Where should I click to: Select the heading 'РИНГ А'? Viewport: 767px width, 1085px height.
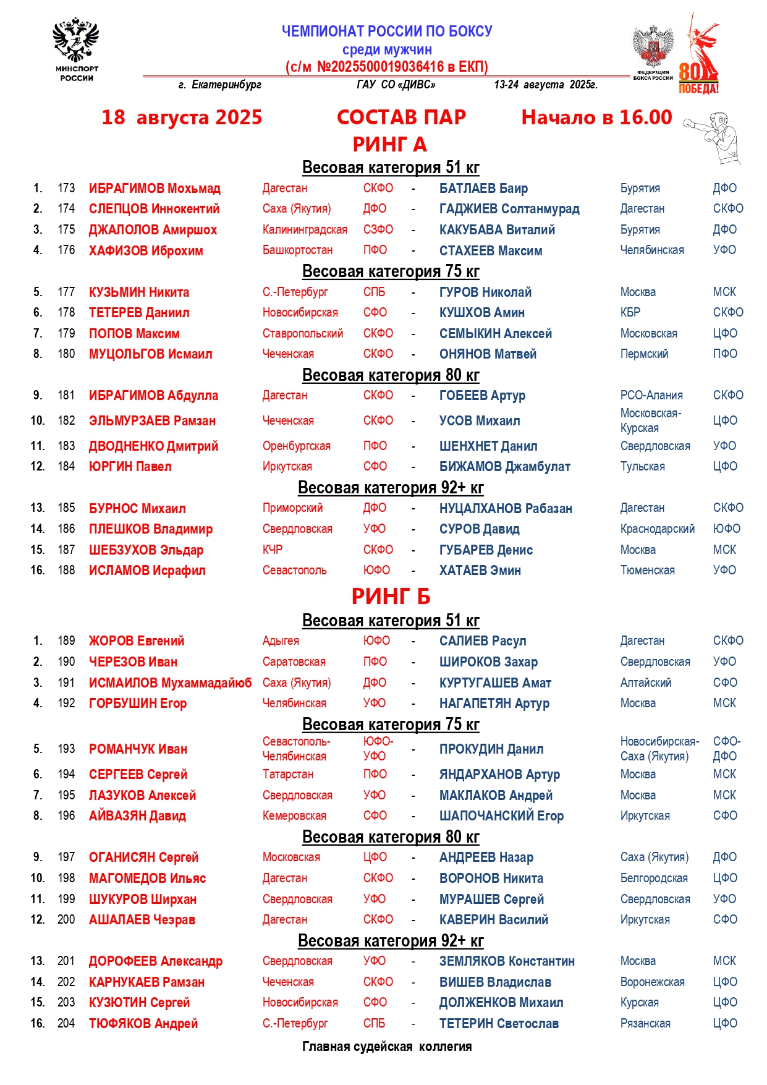pos(389,145)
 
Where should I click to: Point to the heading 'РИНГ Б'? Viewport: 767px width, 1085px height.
pos(391,597)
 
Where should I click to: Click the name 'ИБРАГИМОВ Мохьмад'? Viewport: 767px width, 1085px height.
pos(155,189)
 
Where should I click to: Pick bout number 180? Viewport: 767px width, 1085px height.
pos(66,354)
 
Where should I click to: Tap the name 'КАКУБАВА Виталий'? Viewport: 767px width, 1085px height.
pos(497,230)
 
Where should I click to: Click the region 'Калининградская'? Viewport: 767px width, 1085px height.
pos(305,230)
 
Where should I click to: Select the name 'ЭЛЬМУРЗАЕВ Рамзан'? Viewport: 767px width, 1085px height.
pos(152,421)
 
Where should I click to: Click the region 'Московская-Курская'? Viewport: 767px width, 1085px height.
pos(650,420)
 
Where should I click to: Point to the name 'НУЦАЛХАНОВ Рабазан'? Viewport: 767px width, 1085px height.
pos(506,509)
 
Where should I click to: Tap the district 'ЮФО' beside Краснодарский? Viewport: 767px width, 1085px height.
pos(726,529)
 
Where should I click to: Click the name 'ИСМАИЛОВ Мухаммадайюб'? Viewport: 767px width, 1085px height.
pos(170,683)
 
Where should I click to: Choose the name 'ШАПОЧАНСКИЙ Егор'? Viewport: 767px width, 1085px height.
pos(501,816)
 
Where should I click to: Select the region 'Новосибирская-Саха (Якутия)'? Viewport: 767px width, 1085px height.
pos(659,749)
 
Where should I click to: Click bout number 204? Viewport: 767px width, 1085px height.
pos(66,1024)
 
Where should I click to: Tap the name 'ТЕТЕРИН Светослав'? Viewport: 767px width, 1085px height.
pos(499,1024)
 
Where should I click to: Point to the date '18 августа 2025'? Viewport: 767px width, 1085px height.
pos(182,117)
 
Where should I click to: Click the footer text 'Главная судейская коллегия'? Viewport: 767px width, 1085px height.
pos(387,1047)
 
